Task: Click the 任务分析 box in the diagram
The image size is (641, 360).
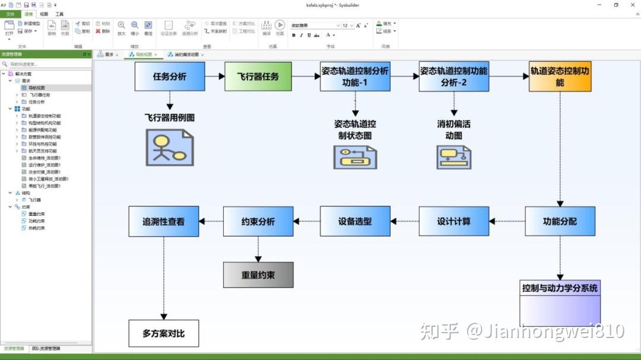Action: click(x=169, y=77)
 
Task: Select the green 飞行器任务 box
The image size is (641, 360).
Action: click(x=258, y=77)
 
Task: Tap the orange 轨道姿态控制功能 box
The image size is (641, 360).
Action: click(x=560, y=77)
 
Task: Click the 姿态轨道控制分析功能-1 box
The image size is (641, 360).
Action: click(x=355, y=77)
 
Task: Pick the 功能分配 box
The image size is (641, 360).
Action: click(x=560, y=221)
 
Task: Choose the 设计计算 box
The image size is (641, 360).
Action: click(x=454, y=221)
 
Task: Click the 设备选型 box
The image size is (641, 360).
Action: click(x=355, y=221)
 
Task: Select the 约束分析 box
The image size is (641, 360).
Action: click(x=258, y=221)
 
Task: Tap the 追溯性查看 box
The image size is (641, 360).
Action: click(x=163, y=221)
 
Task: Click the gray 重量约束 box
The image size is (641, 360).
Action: click(x=258, y=275)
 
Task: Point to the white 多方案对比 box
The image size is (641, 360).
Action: click(x=163, y=333)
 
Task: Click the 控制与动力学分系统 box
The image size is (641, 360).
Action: click(x=560, y=303)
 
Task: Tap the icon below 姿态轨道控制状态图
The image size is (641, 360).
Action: click(x=355, y=157)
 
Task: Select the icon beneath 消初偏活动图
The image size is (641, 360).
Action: click(x=454, y=157)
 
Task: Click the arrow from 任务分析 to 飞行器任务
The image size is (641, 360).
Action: click(x=214, y=77)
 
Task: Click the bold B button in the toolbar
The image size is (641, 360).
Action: click(x=294, y=36)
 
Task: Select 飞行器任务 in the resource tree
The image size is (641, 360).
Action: click(x=40, y=95)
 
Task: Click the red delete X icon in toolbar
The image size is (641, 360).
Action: click(x=98, y=31)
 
